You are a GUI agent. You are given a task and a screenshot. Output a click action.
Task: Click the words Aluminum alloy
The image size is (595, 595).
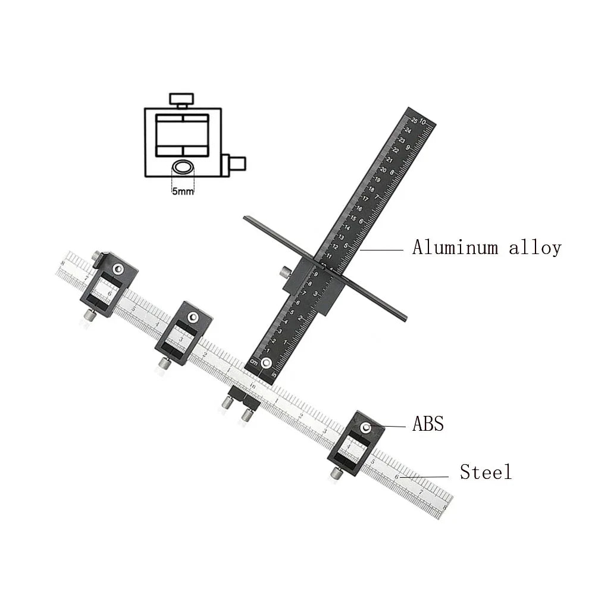click(487, 248)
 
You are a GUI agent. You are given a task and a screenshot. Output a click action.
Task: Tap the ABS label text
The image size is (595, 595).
click(428, 424)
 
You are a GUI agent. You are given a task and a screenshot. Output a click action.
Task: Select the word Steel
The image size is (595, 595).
click(486, 472)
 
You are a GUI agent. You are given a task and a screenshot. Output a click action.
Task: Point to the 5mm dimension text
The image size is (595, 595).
click(182, 192)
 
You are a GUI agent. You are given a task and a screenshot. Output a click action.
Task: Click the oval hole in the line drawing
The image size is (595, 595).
click(183, 167)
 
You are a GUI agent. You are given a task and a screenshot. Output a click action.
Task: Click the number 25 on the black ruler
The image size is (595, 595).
click(415, 120)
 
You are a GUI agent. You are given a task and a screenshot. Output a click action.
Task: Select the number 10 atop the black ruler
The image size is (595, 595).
click(423, 121)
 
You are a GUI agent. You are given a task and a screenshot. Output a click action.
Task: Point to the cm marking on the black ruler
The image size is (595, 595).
click(253, 362)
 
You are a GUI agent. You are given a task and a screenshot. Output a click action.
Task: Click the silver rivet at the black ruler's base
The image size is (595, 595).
click(268, 363)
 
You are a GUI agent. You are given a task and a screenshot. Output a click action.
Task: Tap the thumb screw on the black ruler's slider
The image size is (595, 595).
click(286, 272)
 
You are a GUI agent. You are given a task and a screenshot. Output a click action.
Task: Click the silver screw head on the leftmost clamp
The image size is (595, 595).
click(119, 269)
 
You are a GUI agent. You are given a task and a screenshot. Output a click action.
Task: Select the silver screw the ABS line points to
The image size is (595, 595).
click(366, 427)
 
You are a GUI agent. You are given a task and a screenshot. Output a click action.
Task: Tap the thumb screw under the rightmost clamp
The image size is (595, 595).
click(336, 474)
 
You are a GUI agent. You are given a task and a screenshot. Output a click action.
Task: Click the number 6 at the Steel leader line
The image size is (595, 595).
click(397, 476)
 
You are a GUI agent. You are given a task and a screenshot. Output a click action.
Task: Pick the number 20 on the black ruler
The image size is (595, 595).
click(384, 170)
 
